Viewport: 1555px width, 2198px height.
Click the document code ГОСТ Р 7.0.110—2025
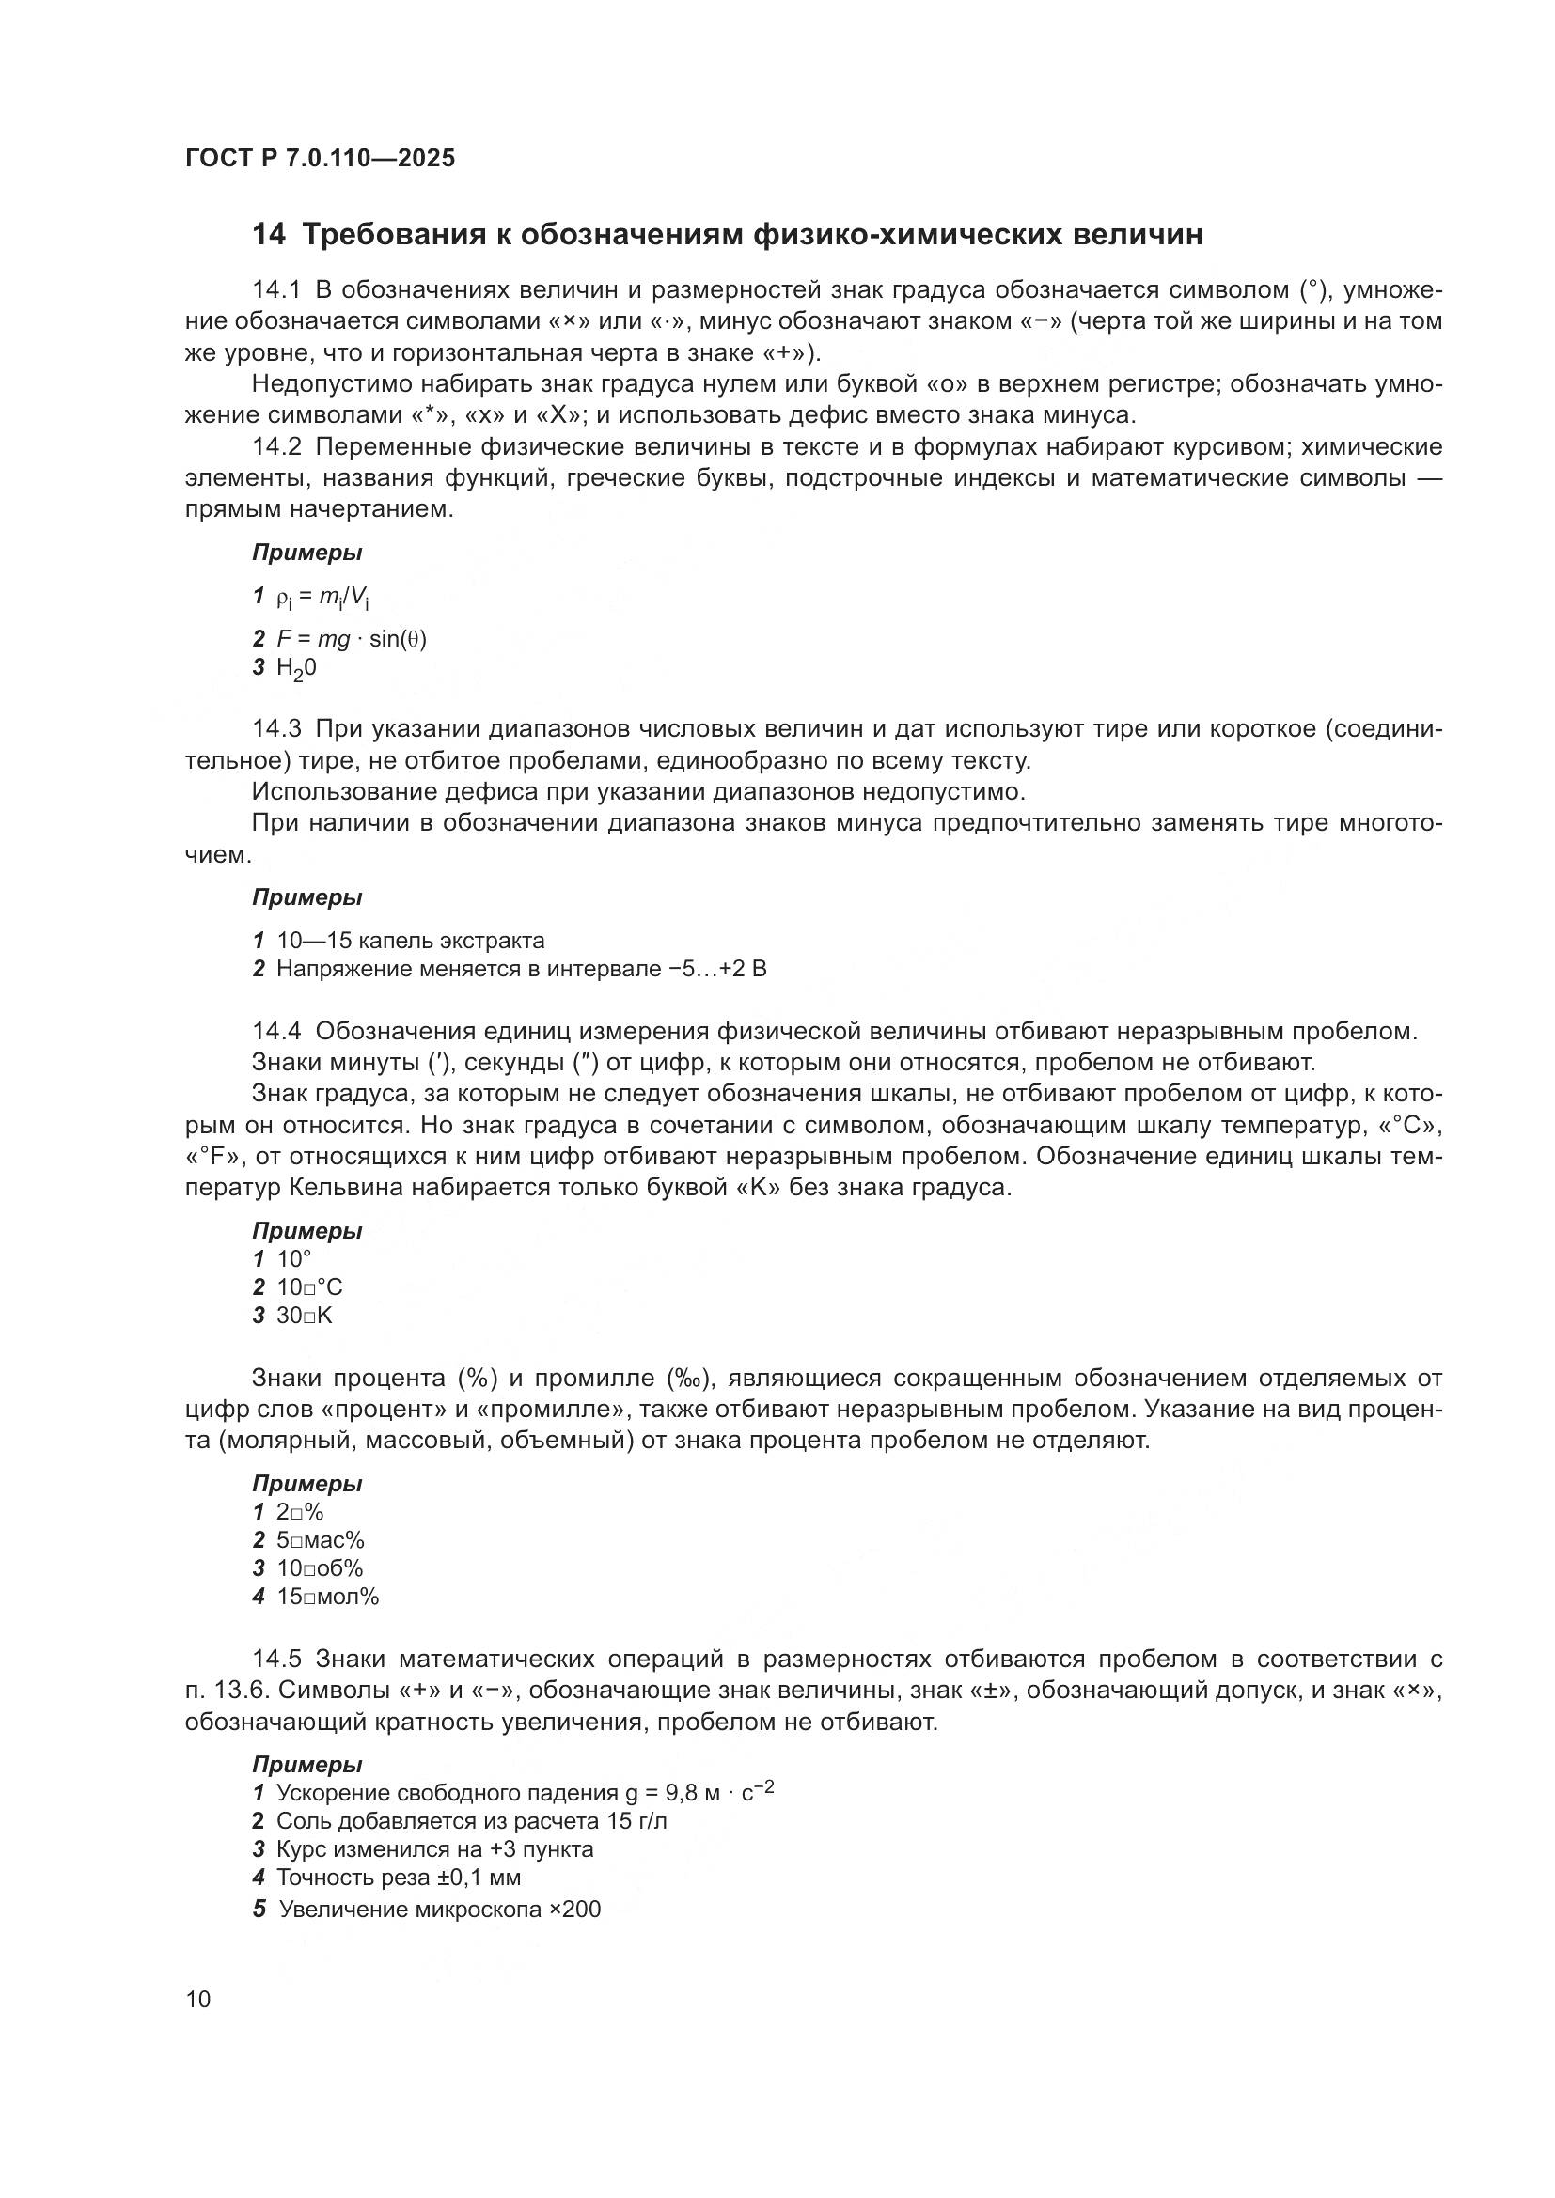[320, 159]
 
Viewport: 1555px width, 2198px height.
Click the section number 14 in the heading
[268, 235]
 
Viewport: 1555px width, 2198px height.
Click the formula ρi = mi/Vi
[322, 599]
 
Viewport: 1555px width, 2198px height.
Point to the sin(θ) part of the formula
[398, 638]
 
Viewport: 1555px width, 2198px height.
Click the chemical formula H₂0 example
[296, 668]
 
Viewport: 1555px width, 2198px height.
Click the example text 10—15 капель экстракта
[410, 940]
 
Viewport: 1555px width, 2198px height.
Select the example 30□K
[305, 1316]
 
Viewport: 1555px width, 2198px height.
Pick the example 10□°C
[309, 1287]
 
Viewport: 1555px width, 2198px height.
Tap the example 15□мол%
[327, 1597]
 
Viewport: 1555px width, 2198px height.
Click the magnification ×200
[574, 1910]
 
